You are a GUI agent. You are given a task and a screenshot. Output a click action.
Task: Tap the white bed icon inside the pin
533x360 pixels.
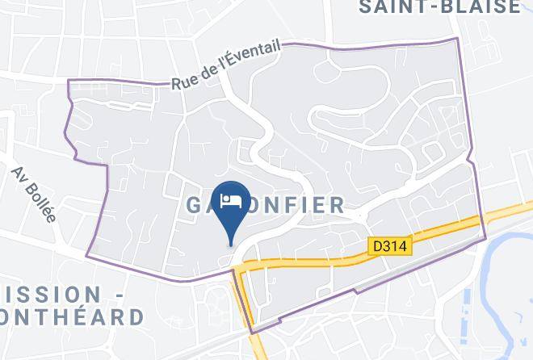point(232,199)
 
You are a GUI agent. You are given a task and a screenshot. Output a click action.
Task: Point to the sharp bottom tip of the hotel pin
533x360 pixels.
point(232,245)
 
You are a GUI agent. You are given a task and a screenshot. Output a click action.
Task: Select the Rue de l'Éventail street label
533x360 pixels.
point(225,65)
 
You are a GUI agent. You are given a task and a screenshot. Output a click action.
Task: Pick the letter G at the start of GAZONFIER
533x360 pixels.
point(195,204)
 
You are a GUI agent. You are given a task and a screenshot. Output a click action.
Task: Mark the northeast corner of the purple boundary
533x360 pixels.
point(458,38)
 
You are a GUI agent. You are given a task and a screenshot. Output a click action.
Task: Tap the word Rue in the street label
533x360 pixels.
point(183,82)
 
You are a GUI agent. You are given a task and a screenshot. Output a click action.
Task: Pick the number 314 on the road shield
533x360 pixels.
point(395,242)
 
